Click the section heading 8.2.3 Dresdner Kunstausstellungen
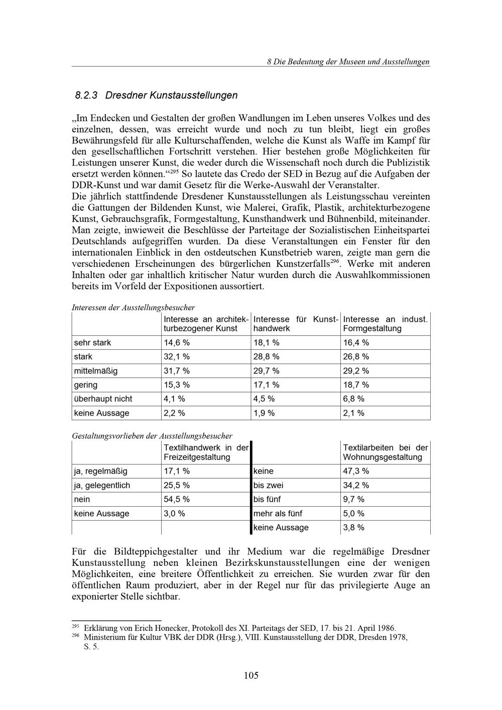(156, 95)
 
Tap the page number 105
(251, 675)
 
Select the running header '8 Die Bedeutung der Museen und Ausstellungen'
(348, 62)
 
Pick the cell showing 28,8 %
(266, 357)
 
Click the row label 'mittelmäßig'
(96, 371)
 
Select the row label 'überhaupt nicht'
(103, 399)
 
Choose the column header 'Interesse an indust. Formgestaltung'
(385, 324)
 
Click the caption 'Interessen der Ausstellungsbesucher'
(134, 307)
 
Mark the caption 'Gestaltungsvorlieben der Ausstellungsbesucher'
(152, 436)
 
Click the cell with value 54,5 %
(176, 499)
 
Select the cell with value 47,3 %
(356, 471)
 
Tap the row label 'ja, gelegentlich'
(102, 485)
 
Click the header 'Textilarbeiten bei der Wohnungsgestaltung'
(385, 452)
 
